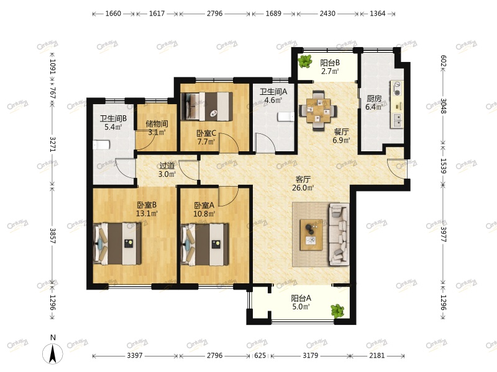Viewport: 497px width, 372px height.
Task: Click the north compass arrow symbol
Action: tap(53, 353)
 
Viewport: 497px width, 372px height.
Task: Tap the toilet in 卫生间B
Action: tap(101, 145)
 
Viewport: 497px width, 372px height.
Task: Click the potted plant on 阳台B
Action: tap(305, 61)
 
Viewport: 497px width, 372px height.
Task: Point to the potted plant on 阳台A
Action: tap(337, 311)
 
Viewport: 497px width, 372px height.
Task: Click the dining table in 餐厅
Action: tap(318, 110)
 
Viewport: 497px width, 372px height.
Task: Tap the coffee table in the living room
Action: tap(311, 235)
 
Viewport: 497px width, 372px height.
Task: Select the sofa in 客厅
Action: tap(339, 234)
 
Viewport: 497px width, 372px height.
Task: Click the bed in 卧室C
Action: tap(206, 106)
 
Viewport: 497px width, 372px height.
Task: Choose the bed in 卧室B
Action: tap(117, 244)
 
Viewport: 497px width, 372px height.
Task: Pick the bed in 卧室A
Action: tap(204, 244)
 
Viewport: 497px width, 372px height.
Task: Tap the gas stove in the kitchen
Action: tap(397, 89)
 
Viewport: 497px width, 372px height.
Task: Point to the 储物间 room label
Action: tap(157, 123)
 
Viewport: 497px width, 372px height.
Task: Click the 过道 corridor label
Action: tap(166, 166)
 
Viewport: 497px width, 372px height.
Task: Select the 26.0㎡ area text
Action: tap(303, 188)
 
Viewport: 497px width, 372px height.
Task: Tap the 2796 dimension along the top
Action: tap(214, 14)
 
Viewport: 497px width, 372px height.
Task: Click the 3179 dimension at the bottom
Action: tap(310, 355)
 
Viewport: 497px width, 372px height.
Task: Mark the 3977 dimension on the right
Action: tap(443, 234)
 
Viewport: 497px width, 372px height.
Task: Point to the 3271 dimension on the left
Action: tap(53, 144)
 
